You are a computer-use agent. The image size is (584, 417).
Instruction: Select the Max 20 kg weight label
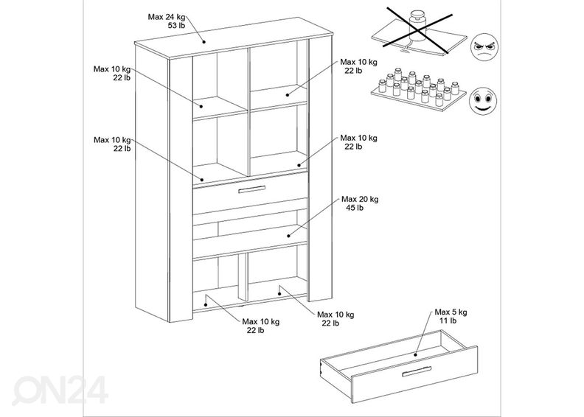pos(359,199)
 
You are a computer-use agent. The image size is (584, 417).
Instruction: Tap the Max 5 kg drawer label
pos(451,312)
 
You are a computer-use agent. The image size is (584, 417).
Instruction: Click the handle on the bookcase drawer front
pos(250,192)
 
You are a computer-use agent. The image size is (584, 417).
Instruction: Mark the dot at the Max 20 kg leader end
pos(288,235)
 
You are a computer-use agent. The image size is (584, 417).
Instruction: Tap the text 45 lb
pos(355,208)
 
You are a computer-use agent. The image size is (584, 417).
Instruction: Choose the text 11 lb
pos(449,321)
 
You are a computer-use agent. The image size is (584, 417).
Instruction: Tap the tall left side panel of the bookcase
pos(180,184)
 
